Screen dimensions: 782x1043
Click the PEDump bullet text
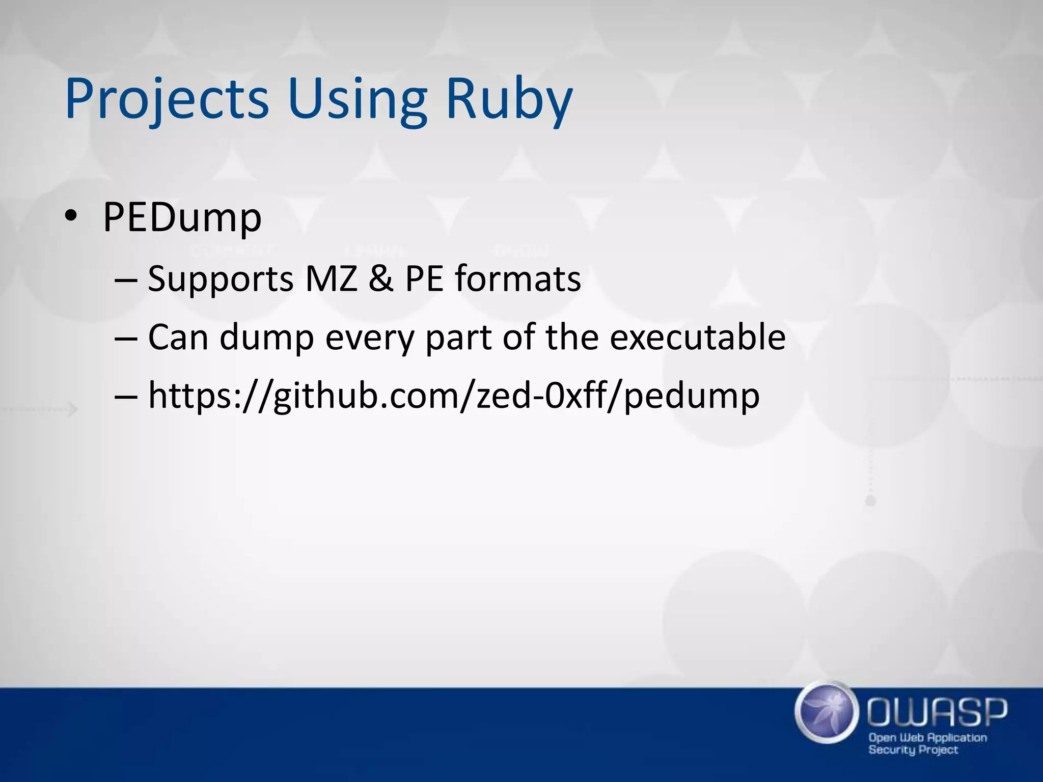182,218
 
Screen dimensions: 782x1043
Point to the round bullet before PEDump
70,217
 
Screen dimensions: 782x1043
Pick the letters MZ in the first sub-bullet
331,279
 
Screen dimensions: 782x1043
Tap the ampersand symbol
381,279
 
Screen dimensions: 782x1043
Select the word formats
518,279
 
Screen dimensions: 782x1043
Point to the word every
369,339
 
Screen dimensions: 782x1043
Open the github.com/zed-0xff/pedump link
453,396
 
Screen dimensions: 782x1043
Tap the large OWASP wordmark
937,712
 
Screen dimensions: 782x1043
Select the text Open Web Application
927,738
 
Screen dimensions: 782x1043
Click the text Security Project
913,750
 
